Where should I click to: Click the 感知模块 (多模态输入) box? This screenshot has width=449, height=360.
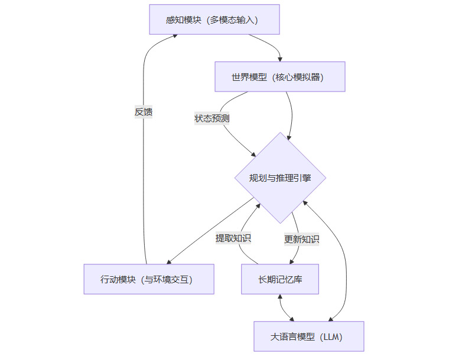[x=214, y=19]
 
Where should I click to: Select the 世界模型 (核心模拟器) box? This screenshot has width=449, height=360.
[x=279, y=77]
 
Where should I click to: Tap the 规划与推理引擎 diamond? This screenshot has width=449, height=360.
[x=280, y=178]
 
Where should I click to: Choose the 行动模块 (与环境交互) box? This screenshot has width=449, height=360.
[x=148, y=279]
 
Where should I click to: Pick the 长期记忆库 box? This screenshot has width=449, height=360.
[x=280, y=279]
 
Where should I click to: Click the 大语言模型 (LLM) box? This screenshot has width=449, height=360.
[x=308, y=336]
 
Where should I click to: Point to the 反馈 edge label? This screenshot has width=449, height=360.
[x=144, y=111]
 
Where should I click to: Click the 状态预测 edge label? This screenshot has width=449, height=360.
[x=212, y=118]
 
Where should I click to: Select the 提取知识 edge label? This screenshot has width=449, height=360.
[x=233, y=238]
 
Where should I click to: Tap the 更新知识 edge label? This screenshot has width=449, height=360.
[x=302, y=239]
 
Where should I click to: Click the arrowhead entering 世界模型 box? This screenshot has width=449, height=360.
[x=280, y=59]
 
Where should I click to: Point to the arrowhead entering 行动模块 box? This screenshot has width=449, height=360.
[x=169, y=261]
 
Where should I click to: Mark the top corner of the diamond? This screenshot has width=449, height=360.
[x=280, y=133]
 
